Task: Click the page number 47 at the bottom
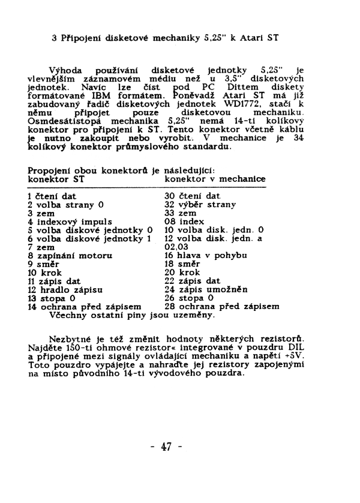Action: click(x=166, y=447)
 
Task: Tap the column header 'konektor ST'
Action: click(x=56, y=179)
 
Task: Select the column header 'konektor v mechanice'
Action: click(x=215, y=179)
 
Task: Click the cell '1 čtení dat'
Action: click(x=52, y=196)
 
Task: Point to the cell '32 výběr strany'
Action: click(x=200, y=204)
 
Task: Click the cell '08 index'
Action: click(x=185, y=221)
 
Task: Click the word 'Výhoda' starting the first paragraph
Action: click(x=64, y=70)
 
